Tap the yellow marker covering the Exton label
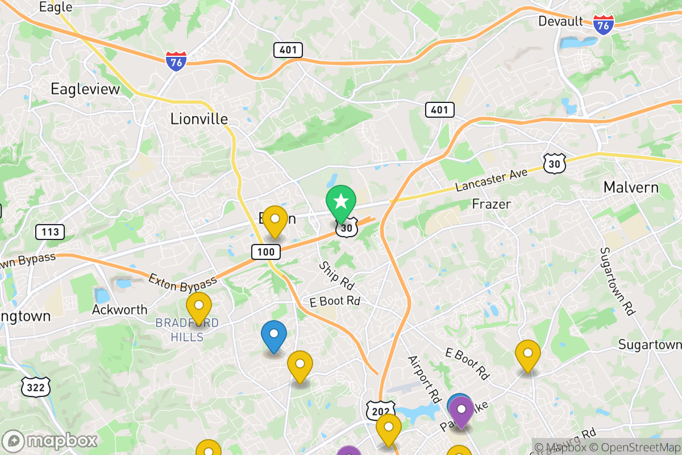tap(275, 220)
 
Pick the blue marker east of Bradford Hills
tap(273, 334)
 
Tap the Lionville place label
tap(199, 119)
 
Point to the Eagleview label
tap(85, 89)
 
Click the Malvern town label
tap(631, 187)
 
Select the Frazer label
tap(492, 204)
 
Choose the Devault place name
tap(560, 22)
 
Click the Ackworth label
tap(120, 310)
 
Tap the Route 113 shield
tap(50, 231)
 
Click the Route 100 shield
tap(265, 251)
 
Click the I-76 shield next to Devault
tap(603, 24)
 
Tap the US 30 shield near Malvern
tap(554, 163)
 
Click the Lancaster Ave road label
tap(492, 180)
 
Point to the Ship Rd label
tap(336, 275)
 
